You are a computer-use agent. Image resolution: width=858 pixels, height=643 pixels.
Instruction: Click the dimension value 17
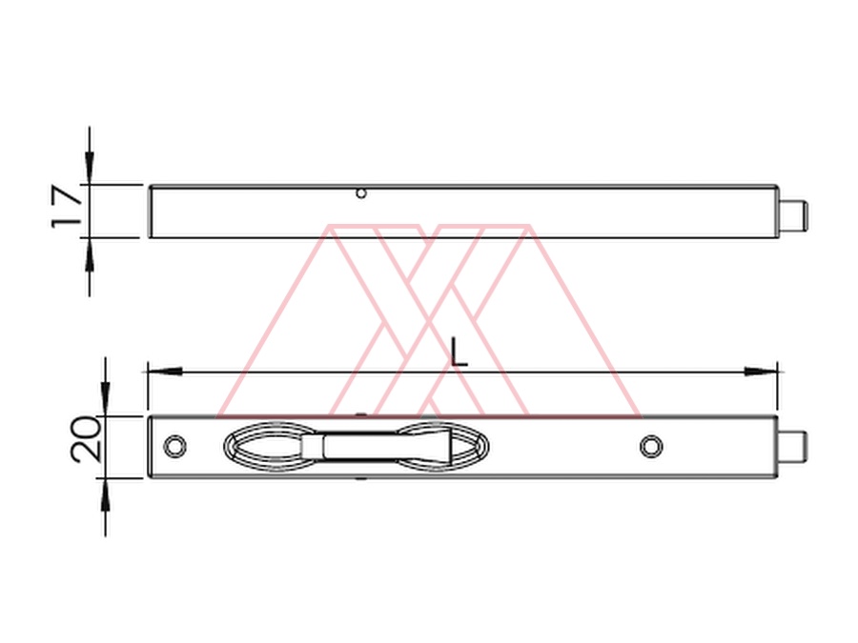point(66,208)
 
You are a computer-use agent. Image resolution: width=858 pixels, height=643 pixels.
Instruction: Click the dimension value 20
point(87,439)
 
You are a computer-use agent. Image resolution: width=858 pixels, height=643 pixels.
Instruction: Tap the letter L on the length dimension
point(459,352)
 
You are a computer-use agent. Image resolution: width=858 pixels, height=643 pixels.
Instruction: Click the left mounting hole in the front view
point(175,447)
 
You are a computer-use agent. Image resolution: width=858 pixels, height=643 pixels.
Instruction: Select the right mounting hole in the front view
point(651,447)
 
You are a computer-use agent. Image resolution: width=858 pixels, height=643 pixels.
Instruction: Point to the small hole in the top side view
point(360,193)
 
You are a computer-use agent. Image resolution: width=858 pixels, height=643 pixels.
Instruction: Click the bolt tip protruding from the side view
point(793,215)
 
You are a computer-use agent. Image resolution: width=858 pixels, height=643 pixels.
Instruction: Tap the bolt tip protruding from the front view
point(793,446)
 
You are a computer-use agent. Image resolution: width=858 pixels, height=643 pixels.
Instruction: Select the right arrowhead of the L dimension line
point(760,372)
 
